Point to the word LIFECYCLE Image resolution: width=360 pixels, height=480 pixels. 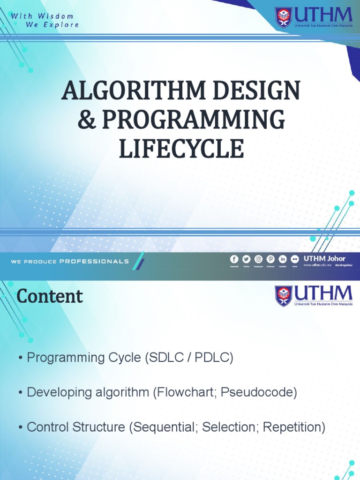[180, 149]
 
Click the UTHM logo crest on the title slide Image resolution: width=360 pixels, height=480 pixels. [283, 18]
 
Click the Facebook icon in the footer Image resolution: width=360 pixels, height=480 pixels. [234, 259]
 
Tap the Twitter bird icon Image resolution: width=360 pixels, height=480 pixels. [246, 259]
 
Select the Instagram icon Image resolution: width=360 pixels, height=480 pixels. [258, 259]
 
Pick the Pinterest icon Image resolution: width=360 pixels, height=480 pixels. [270, 259]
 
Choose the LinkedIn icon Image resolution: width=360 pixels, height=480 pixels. [283, 259]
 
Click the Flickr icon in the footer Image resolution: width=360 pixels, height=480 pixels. [295, 259]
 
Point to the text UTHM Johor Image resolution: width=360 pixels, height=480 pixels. [324, 258]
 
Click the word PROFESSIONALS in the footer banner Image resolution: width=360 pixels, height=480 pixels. [94, 261]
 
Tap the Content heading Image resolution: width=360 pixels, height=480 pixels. [50, 296]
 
